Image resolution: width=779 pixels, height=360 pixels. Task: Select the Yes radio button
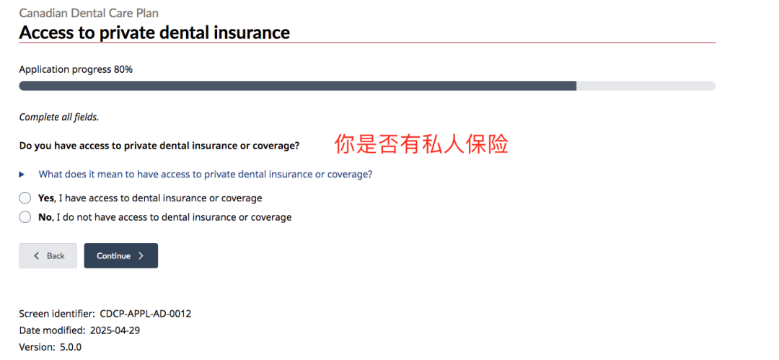coord(25,198)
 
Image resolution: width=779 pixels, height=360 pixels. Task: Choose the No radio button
coord(25,217)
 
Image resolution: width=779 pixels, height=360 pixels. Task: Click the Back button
coord(48,255)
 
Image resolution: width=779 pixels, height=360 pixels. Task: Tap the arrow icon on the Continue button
coord(141,255)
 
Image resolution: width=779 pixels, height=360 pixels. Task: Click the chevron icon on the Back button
coord(36,255)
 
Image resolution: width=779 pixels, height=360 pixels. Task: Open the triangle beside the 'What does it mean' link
coord(22,175)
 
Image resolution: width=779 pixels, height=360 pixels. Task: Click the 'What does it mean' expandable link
coord(206,175)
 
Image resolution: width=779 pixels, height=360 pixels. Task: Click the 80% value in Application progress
coord(123,69)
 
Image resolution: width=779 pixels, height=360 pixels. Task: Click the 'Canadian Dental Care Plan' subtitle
coord(89,13)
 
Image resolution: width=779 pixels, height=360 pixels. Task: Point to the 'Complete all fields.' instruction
coord(59,118)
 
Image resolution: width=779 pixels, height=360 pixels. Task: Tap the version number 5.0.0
coord(71,346)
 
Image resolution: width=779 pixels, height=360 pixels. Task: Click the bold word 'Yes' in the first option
coord(45,198)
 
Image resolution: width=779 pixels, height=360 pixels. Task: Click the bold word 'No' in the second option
coord(45,217)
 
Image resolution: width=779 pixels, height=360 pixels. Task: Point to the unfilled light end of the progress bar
coord(646,86)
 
